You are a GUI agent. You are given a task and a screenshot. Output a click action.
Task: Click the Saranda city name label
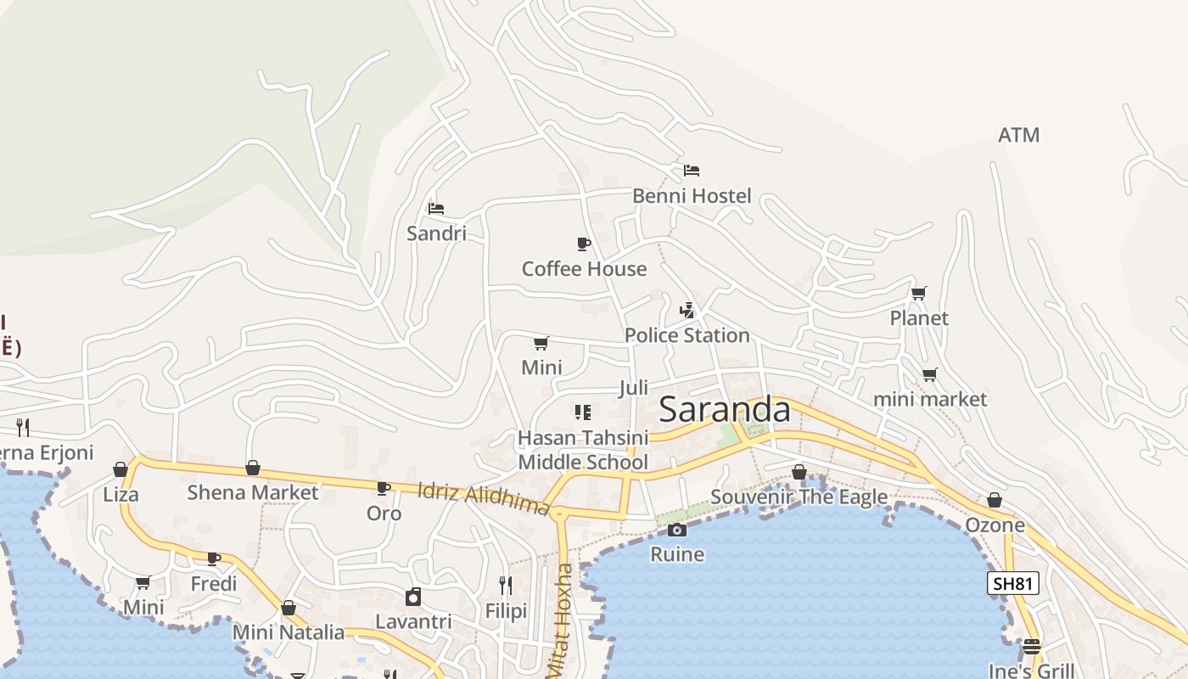[x=724, y=410]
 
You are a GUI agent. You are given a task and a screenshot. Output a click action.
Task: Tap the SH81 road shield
[x=1013, y=583]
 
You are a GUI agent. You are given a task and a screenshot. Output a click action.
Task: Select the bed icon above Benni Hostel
[x=692, y=171]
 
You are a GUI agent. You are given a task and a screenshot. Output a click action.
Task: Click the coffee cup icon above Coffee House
[x=584, y=244]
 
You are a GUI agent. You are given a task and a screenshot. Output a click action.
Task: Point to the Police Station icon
[x=687, y=311]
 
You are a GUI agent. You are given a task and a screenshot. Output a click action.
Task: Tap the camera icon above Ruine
[x=676, y=530]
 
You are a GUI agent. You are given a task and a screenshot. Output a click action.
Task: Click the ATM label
[x=1018, y=135]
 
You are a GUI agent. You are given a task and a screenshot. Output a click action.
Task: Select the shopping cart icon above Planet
[x=918, y=294]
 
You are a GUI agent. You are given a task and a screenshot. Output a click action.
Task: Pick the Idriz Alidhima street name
[x=484, y=498]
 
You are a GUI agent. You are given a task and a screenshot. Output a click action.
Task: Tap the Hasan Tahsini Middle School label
[x=583, y=450]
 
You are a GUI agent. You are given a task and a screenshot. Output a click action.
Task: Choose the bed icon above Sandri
[x=436, y=209]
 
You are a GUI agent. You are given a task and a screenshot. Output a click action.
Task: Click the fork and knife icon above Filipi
[x=506, y=586]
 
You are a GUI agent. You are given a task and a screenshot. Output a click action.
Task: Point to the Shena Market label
[x=253, y=492]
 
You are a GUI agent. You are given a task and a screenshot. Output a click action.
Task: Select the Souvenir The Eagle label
[x=799, y=497]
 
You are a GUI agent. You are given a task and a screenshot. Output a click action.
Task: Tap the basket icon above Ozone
[x=994, y=501]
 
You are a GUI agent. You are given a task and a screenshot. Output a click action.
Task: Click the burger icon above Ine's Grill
[x=1031, y=647]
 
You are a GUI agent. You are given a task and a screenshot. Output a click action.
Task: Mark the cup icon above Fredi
[x=214, y=559]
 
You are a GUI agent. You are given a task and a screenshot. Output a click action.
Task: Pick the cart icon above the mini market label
[x=930, y=375]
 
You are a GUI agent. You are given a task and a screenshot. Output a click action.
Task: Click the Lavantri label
[x=413, y=621]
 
